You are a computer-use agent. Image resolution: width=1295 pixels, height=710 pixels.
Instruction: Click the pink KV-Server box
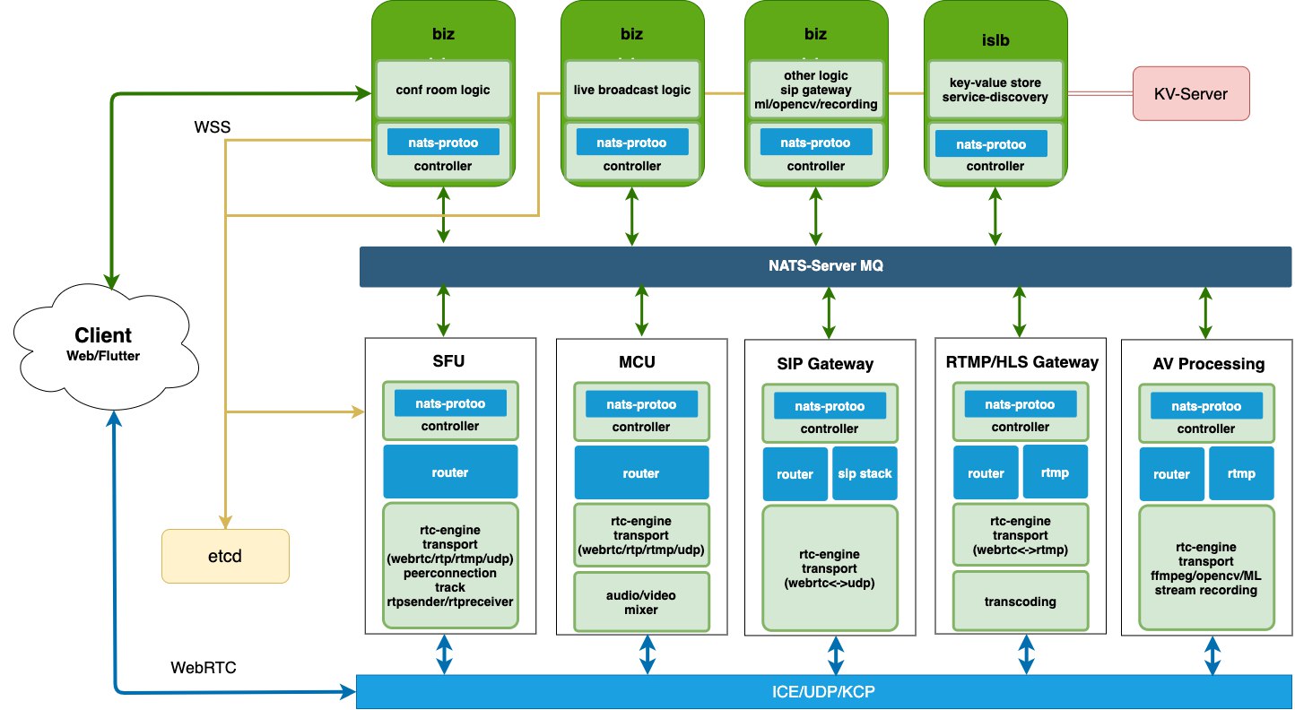(x=1191, y=93)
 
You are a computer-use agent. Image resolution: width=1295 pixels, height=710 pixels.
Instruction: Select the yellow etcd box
(x=225, y=556)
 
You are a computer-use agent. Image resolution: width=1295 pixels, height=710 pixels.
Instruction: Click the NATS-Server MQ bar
(x=825, y=266)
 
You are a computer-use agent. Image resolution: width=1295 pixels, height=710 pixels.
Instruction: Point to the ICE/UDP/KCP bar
(x=823, y=691)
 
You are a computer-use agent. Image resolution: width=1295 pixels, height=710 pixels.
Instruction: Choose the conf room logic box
(x=443, y=90)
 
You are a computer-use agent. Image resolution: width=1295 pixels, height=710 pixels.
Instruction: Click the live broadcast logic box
(x=632, y=90)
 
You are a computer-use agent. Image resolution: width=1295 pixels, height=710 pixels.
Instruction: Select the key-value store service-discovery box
(x=995, y=90)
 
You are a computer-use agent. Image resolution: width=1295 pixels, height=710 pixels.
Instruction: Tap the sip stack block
(x=865, y=473)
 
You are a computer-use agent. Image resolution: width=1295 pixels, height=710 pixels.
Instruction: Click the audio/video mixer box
(x=641, y=602)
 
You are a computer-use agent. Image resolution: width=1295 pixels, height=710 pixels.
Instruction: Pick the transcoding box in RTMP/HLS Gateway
(x=1021, y=602)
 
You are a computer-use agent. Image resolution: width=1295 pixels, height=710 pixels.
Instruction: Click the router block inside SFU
(x=450, y=472)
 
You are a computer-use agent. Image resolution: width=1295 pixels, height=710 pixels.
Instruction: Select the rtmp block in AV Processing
(x=1241, y=473)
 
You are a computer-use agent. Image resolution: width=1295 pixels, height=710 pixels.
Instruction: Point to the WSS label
(x=213, y=127)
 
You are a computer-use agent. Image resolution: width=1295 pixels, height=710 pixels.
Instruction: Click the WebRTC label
(x=204, y=667)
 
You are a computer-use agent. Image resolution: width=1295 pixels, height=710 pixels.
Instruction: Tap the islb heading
(x=995, y=39)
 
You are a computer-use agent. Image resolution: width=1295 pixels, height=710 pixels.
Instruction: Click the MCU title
(x=637, y=361)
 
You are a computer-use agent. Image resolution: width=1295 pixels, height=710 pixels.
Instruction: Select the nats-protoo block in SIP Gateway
(x=830, y=405)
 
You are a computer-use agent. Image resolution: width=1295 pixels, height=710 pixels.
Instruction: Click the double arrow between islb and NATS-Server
(x=995, y=217)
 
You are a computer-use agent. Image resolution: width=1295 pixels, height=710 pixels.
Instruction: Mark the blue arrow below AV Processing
(x=1212, y=655)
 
